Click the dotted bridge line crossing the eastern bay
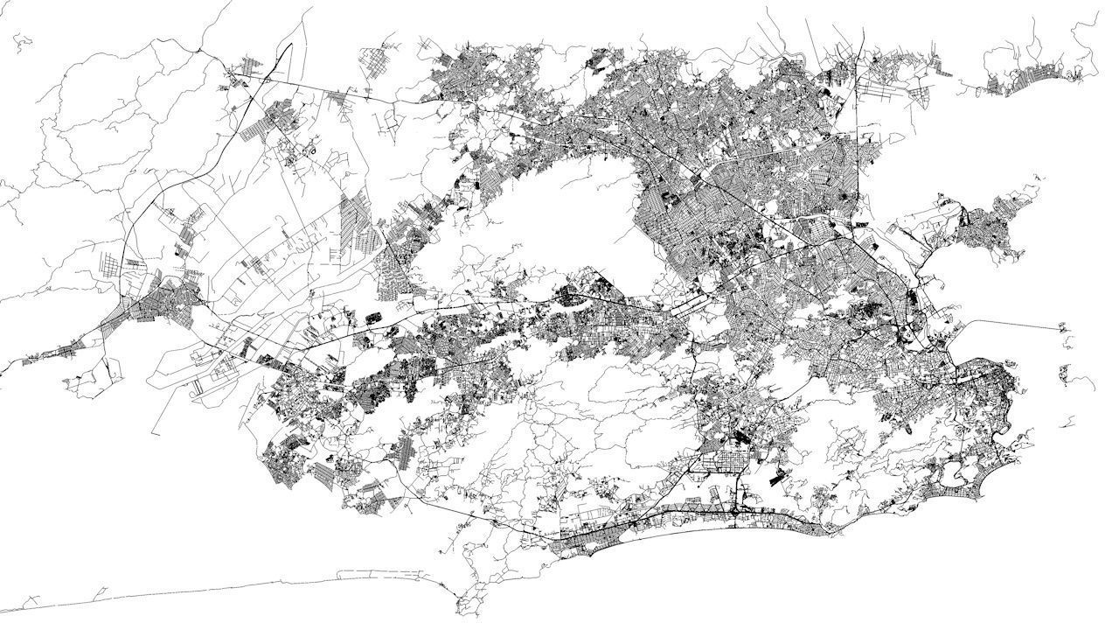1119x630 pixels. (1014, 324)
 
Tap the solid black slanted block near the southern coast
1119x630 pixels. (776, 478)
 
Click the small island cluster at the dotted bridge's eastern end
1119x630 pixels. (1064, 329)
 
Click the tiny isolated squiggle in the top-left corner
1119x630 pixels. (23, 39)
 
